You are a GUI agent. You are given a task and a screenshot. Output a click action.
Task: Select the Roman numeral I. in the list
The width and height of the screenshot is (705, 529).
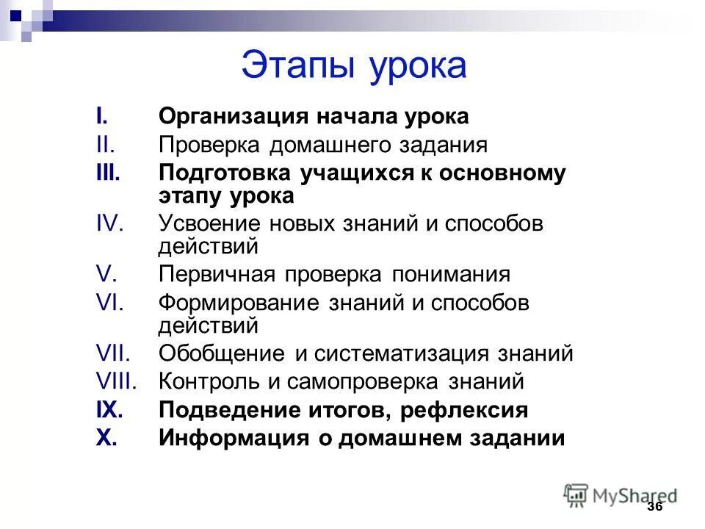(x=101, y=117)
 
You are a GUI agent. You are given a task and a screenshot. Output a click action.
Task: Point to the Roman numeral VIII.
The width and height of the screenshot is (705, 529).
(x=118, y=381)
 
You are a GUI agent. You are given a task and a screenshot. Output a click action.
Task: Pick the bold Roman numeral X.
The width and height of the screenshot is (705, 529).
(x=106, y=439)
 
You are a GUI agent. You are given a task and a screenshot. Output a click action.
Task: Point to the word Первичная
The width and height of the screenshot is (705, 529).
(x=217, y=275)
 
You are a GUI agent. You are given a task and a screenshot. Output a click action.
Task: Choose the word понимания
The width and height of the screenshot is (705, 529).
(x=450, y=275)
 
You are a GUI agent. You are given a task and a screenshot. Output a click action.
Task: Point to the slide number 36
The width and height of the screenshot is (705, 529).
(x=655, y=508)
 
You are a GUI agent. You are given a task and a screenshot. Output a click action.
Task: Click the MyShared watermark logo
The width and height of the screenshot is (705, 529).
(x=621, y=494)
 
